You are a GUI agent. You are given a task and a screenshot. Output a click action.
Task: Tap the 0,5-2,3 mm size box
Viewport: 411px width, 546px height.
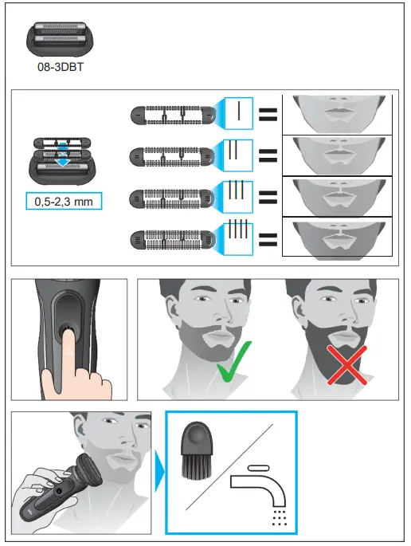pyautogui.click(x=64, y=202)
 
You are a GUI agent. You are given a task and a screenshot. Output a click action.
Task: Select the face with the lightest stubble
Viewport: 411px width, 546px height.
pyautogui.click(x=339, y=112)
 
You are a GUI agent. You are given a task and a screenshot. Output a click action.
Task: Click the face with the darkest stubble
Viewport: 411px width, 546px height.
pyautogui.click(x=339, y=236)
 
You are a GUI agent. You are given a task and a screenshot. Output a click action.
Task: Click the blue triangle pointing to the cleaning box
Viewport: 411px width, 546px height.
pyautogui.click(x=158, y=476)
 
